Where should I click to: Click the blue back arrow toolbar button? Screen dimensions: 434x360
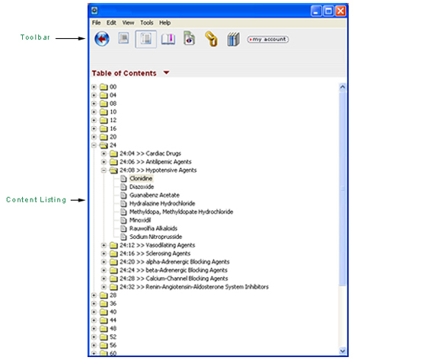coord(102,39)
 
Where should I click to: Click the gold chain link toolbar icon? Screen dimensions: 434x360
coord(211,39)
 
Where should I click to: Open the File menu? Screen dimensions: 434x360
coord(97,23)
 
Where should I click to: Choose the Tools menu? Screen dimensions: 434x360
coord(146,23)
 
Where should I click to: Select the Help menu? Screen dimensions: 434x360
coord(164,23)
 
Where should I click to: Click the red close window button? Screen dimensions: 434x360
coord(340,11)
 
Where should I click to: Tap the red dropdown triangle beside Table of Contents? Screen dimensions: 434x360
coord(166,73)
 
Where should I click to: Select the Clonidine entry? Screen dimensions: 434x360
coord(141,179)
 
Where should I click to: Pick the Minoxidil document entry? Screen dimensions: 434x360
coord(140,220)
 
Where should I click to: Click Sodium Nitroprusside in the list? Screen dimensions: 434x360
coord(156,237)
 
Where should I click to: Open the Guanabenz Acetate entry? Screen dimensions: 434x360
coord(155,195)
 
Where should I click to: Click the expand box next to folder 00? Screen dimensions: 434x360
coord(94,87)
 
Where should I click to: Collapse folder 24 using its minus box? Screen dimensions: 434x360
coord(94,145)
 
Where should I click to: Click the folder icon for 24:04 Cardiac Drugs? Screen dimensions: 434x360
coord(113,154)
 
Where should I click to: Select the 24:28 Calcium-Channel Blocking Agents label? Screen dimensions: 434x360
coord(174,279)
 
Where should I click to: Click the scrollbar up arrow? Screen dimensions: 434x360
coord(343,88)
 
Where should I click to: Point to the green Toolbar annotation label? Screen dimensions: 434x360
coord(35,37)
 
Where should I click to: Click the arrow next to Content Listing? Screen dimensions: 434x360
coord(78,199)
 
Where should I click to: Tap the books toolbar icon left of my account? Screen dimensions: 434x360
coord(233,39)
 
